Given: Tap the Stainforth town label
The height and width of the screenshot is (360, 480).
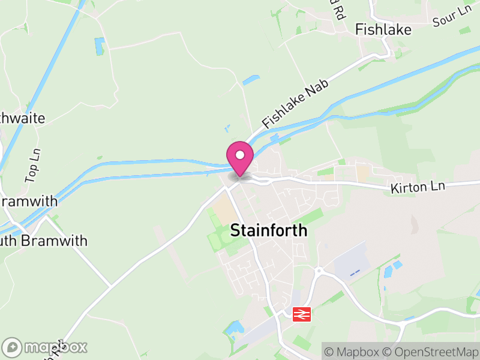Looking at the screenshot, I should (x=269, y=230).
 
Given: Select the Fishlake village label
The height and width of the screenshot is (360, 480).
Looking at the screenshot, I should (x=383, y=29).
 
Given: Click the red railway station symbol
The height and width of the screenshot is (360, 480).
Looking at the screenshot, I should (x=301, y=314).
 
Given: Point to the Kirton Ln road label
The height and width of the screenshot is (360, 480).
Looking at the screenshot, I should (x=418, y=187).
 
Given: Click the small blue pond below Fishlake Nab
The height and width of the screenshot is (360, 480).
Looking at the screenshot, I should (x=251, y=80).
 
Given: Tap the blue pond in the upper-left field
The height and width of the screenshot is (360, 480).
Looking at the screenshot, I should (x=99, y=45).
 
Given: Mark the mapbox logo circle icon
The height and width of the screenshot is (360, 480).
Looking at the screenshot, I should (x=12, y=347).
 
